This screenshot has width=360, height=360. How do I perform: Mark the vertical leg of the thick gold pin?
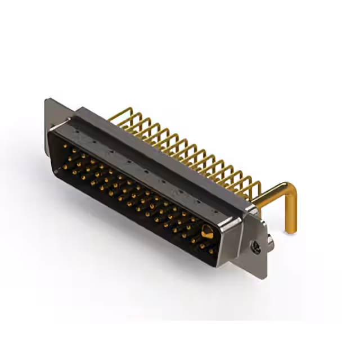pyautogui.click(x=292, y=214)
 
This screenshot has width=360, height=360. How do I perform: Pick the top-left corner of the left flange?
pyautogui.click(x=47, y=101)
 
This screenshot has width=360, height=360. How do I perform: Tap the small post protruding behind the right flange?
pyautogui.click(x=271, y=242)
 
